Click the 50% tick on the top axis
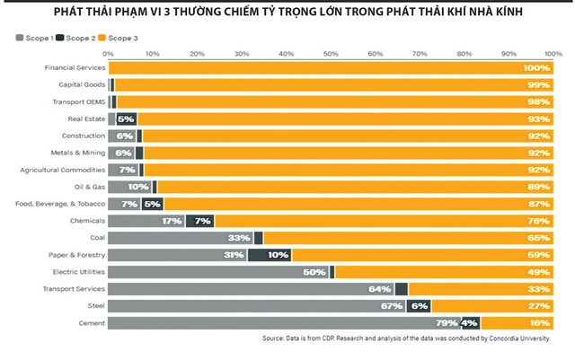(331, 54)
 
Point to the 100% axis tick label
(551, 54)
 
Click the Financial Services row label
(75, 67)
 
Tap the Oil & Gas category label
(86, 187)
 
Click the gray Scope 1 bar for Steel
(243, 305)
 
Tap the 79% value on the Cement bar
(447, 322)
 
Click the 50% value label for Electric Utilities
(314, 271)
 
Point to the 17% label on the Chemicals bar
(172, 221)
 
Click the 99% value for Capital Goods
(537, 84)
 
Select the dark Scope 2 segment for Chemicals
(201, 221)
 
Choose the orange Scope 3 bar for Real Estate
(341, 119)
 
